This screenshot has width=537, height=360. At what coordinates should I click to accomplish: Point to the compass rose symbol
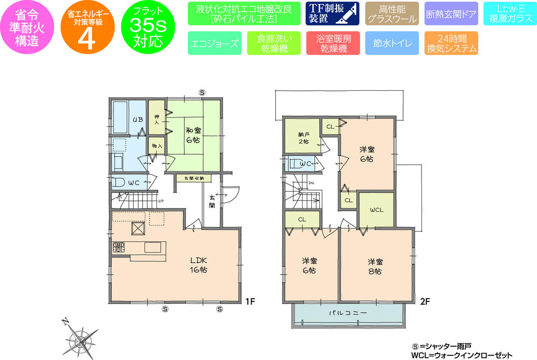[82, 339]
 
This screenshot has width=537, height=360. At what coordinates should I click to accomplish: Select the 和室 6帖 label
[194, 134]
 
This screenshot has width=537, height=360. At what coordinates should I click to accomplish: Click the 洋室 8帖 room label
[376, 267]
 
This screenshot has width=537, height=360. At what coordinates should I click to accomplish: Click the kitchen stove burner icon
[119, 248]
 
